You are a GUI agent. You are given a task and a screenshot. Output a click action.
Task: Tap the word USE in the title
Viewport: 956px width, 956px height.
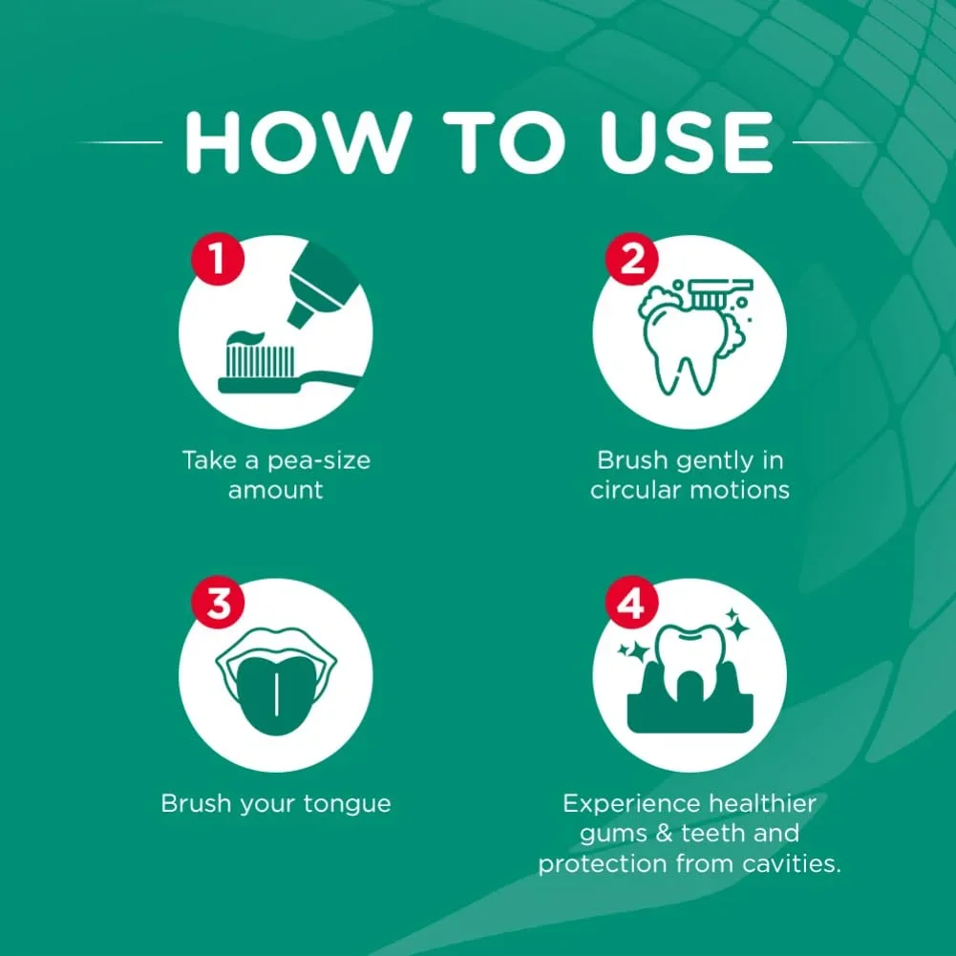[x=687, y=142]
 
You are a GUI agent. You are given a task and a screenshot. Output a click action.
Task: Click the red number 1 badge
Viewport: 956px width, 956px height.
[x=218, y=259]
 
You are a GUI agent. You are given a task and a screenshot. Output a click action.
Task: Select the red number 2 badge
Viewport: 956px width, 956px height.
[x=631, y=259]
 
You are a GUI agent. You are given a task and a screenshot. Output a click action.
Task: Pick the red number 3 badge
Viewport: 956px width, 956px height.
[x=218, y=602]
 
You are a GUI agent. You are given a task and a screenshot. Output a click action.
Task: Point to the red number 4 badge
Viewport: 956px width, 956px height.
[x=631, y=602]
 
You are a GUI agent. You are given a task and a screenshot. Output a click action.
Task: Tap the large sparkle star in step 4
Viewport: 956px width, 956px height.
[x=738, y=627]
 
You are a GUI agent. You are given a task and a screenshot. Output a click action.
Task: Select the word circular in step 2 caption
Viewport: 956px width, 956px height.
[x=635, y=489]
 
